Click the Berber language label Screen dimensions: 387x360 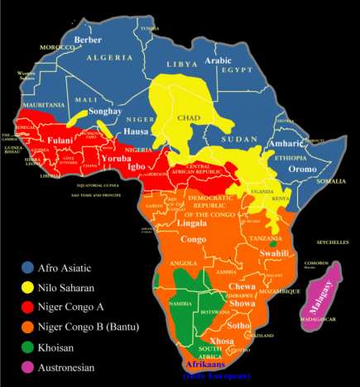[88, 40]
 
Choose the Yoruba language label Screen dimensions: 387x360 [116, 157]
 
